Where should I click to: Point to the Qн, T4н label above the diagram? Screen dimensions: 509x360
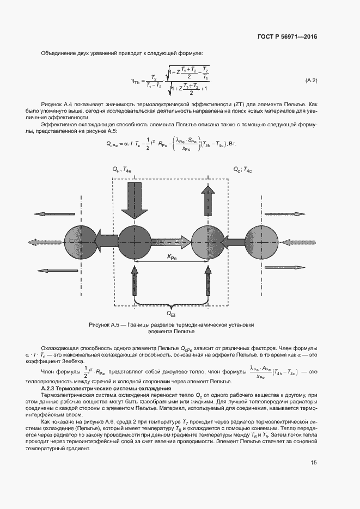[123, 170]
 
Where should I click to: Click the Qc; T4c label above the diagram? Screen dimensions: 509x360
[243, 170]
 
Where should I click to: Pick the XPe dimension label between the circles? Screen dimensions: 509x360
[170, 256]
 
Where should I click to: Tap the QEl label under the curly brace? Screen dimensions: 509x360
[170, 314]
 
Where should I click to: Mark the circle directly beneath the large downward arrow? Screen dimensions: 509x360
[133, 239]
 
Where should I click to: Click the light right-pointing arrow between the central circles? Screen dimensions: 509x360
[171, 240]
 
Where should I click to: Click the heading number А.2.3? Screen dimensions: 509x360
[50, 389]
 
